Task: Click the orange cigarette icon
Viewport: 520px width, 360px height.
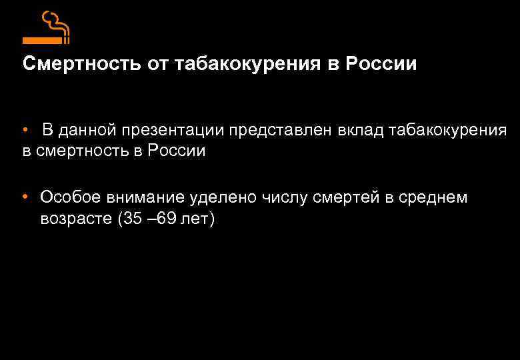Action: pos(47,27)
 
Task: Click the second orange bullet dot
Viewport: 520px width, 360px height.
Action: pos(24,197)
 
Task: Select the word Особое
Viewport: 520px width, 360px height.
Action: pos(68,197)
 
